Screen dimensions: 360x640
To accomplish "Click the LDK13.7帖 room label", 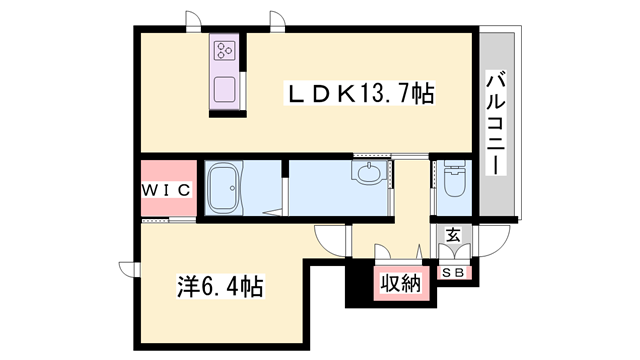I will [361, 94].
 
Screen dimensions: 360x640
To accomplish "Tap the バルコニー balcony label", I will [495, 124].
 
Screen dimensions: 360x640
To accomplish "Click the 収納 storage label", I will [400, 284].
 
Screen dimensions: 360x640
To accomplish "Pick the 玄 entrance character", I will [453, 236].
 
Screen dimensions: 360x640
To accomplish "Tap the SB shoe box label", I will [453, 272].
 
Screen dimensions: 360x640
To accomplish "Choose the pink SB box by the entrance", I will [453, 272].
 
